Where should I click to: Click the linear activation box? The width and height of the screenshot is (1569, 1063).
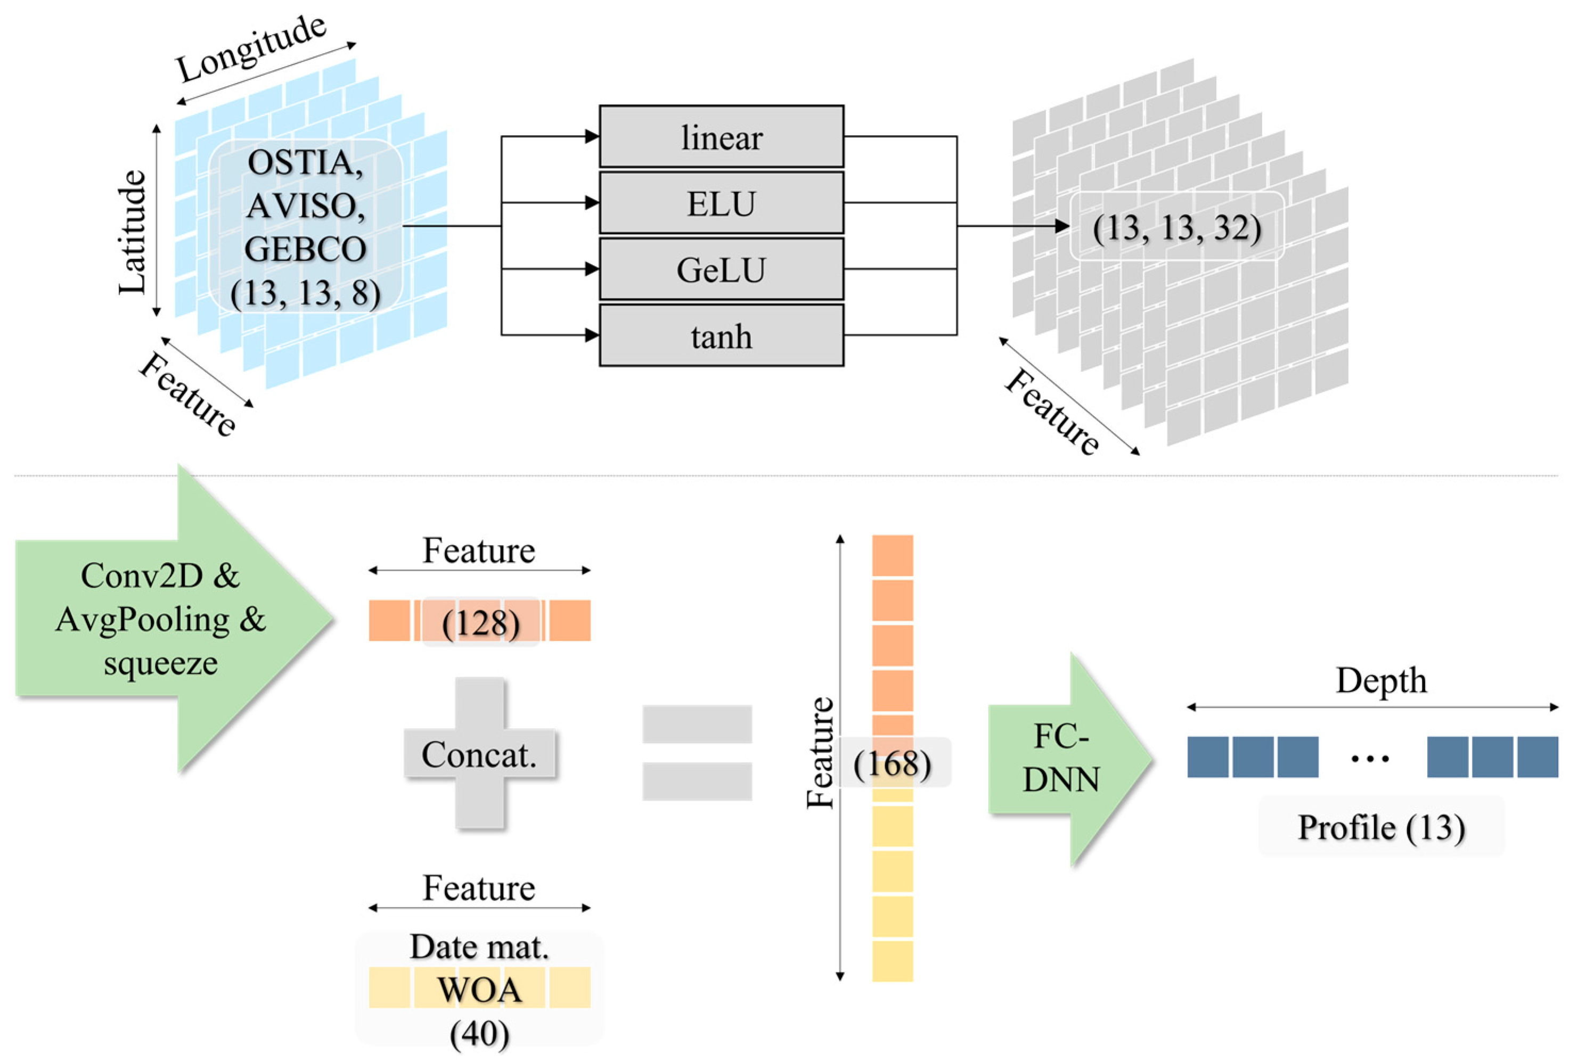721,137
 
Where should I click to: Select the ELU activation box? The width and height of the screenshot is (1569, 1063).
721,203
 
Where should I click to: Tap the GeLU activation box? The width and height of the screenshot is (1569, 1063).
721,269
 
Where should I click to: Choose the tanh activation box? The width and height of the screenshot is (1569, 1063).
721,335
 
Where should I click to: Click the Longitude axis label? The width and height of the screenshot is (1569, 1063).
251,48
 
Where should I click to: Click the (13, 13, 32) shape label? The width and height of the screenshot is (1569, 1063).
1177,227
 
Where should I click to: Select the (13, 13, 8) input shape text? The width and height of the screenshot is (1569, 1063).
305,292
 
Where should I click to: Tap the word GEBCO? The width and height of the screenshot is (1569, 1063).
305,249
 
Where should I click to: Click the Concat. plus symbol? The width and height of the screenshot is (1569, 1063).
479,754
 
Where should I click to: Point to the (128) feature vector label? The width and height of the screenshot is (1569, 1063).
480,622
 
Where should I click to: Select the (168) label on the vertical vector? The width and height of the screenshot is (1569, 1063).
892,763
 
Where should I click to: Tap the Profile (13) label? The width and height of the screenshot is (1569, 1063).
1380,827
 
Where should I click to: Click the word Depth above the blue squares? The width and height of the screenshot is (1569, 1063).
1380,680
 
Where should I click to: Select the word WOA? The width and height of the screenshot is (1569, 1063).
479,990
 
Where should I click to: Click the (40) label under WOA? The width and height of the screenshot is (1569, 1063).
479,1033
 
